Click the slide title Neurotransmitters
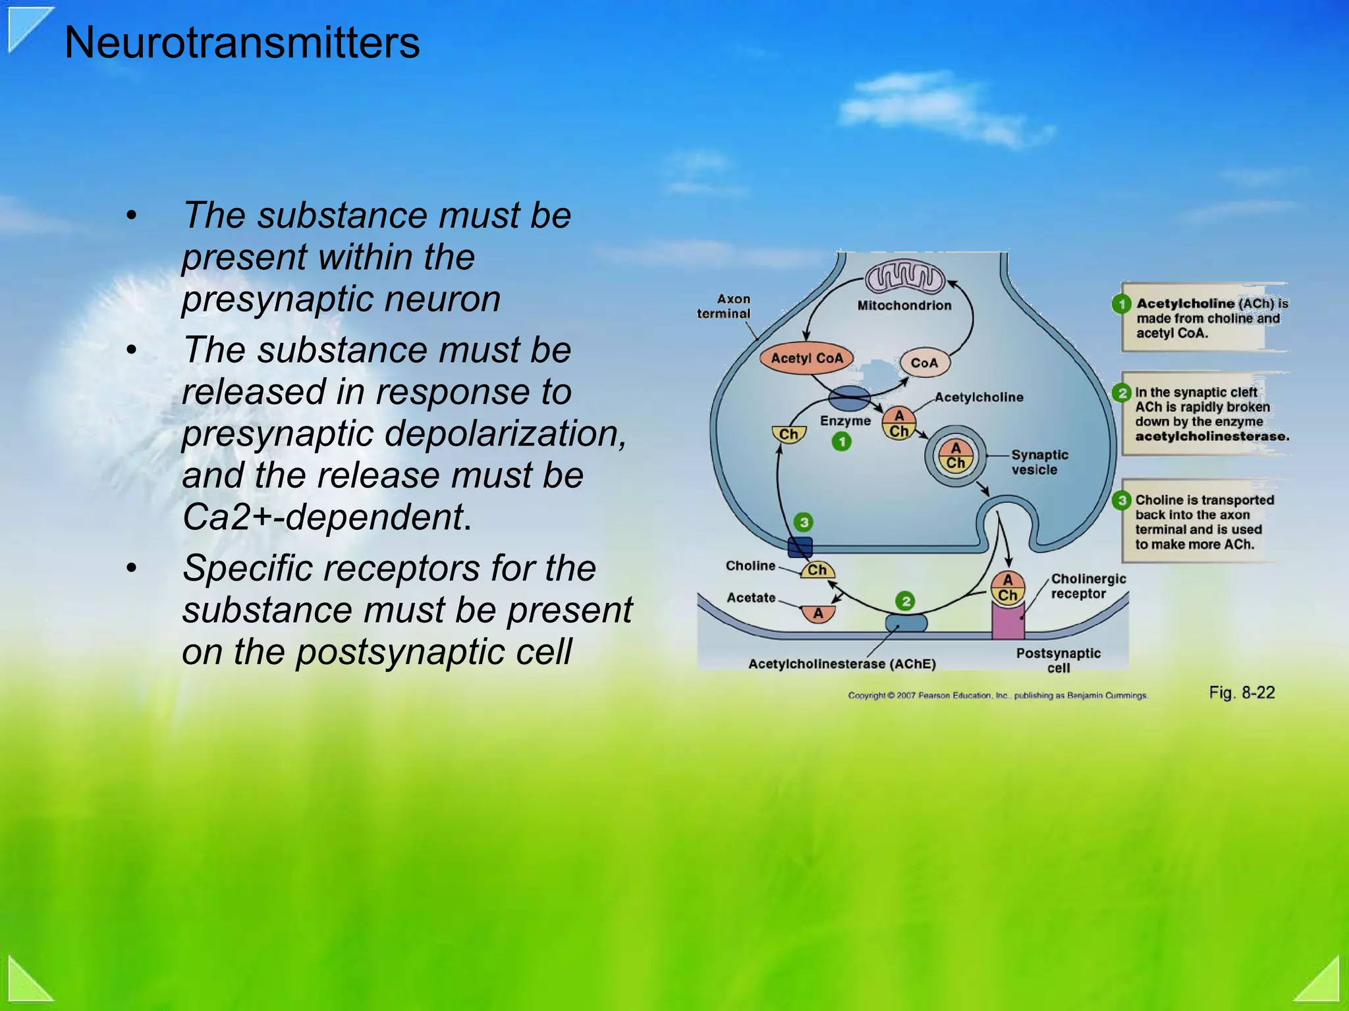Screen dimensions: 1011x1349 pyautogui.click(x=242, y=43)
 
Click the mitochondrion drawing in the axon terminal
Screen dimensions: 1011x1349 pyautogui.click(x=905, y=278)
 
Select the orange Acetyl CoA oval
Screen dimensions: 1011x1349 pyautogui.click(x=806, y=358)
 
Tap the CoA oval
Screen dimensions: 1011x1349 pyautogui.click(x=924, y=363)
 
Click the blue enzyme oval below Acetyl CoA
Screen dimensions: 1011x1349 pyautogui.click(x=848, y=398)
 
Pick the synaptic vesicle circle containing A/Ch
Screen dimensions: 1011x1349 pyautogui.click(x=956, y=455)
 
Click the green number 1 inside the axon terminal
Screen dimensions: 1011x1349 pyautogui.click(x=841, y=442)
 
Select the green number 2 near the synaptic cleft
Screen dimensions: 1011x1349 pyautogui.click(x=906, y=601)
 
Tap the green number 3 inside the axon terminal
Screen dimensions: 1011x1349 pyautogui.click(x=803, y=523)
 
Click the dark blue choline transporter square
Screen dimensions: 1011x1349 pyautogui.click(x=800, y=547)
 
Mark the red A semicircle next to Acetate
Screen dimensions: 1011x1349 pyautogui.click(x=818, y=613)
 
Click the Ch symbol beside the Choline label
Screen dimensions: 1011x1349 pyautogui.click(x=817, y=570)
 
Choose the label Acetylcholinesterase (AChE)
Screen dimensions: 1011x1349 pyautogui.click(x=842, y=663)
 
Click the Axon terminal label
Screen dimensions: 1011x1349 pyautogui.click(x=724, y=306)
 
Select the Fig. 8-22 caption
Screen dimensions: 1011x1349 pyautogui.click(x=1242, y=692)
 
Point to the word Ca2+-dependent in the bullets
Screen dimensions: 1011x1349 pyautogui.click(x=323, y=517)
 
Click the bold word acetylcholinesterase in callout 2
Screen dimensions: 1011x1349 pyautogui.click(x=1211, y=436)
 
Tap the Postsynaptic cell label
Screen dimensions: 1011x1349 pyautogui.click(x=1058, y=660)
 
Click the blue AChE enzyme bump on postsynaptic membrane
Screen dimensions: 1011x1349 pyautogui.click(x=906, y=623)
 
